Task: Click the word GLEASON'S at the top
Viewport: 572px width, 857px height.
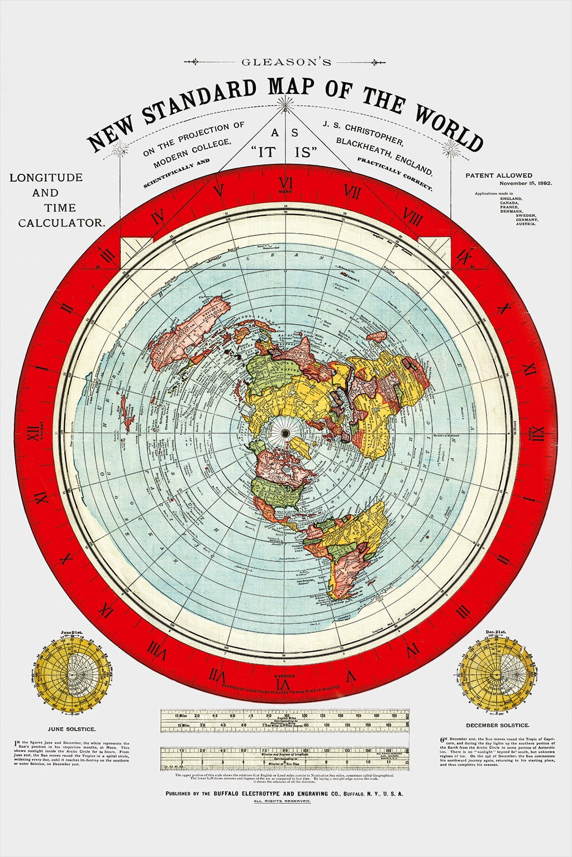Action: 286,62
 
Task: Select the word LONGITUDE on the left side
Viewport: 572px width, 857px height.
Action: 46,178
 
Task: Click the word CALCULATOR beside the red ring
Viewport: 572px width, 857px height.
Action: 61,222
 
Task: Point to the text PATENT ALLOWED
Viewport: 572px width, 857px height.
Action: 499,175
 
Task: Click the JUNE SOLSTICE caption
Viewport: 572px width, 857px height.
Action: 71,729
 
